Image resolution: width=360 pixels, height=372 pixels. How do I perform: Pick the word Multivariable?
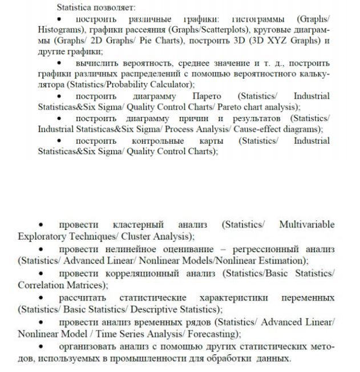(x=307, y=225)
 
